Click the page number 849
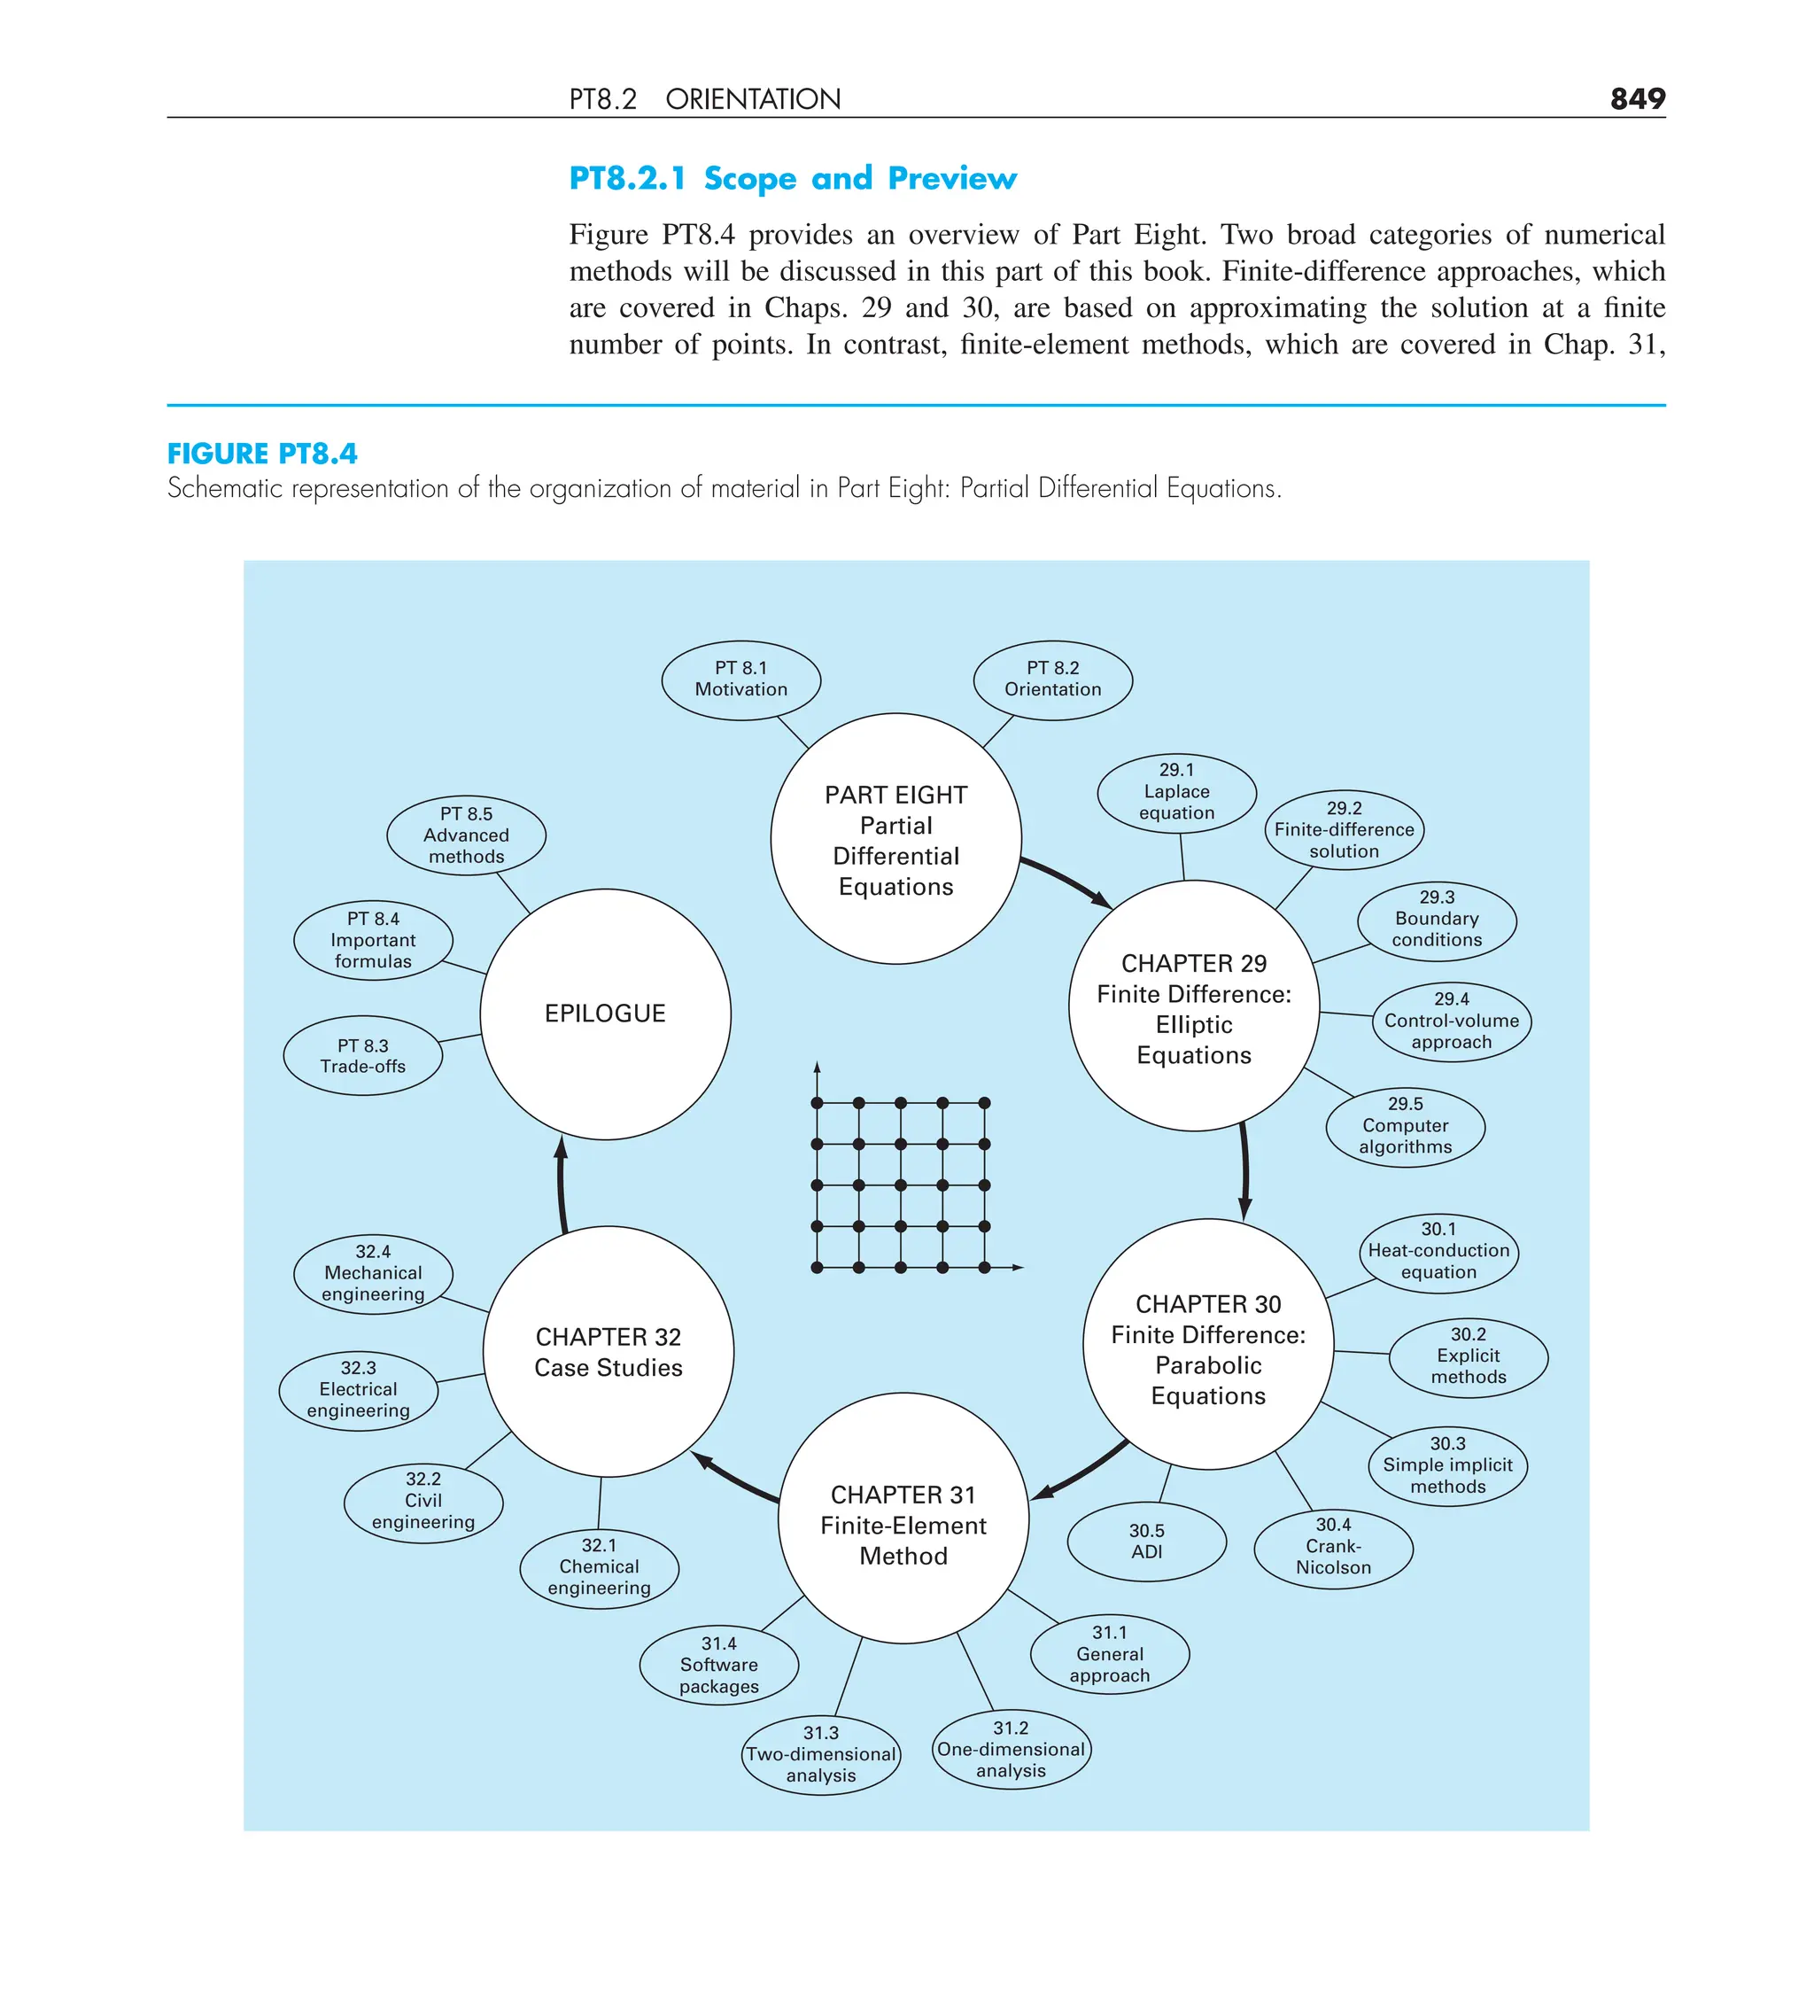1636,98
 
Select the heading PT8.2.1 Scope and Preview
792,178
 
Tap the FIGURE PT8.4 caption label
262,454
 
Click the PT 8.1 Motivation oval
740,679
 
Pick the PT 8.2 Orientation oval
1052,679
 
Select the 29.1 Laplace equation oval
1176,791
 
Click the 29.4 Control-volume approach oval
1451,1021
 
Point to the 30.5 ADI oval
1146,1541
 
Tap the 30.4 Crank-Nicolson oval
1333,1546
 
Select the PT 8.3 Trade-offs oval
363,1056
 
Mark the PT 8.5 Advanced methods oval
466,835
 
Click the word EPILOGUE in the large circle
604,1013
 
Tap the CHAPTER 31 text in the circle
903,1495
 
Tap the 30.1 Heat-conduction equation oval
1438,1252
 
